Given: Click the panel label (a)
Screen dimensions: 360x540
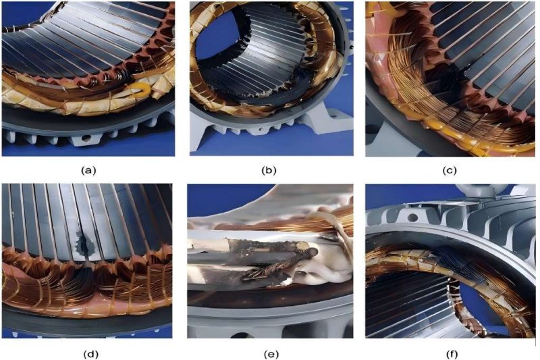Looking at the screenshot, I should tap(88, 171).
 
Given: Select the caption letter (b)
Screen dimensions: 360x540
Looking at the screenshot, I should tap(269, 171).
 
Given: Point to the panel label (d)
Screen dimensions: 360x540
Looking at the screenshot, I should tap(88, 351).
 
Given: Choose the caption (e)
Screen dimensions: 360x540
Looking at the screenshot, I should tap(269, 351).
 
